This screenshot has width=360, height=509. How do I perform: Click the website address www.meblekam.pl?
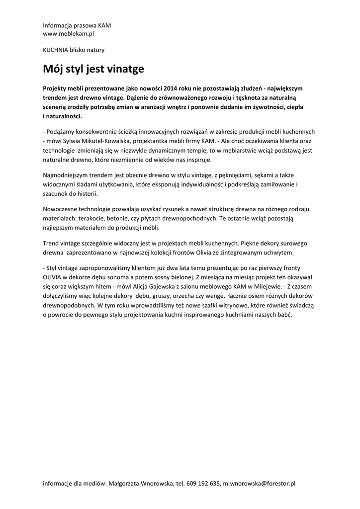[x=69, y=34]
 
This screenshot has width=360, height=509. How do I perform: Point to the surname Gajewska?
[x=178, y=287]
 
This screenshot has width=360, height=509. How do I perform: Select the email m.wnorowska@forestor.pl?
[x=259, y=483]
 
